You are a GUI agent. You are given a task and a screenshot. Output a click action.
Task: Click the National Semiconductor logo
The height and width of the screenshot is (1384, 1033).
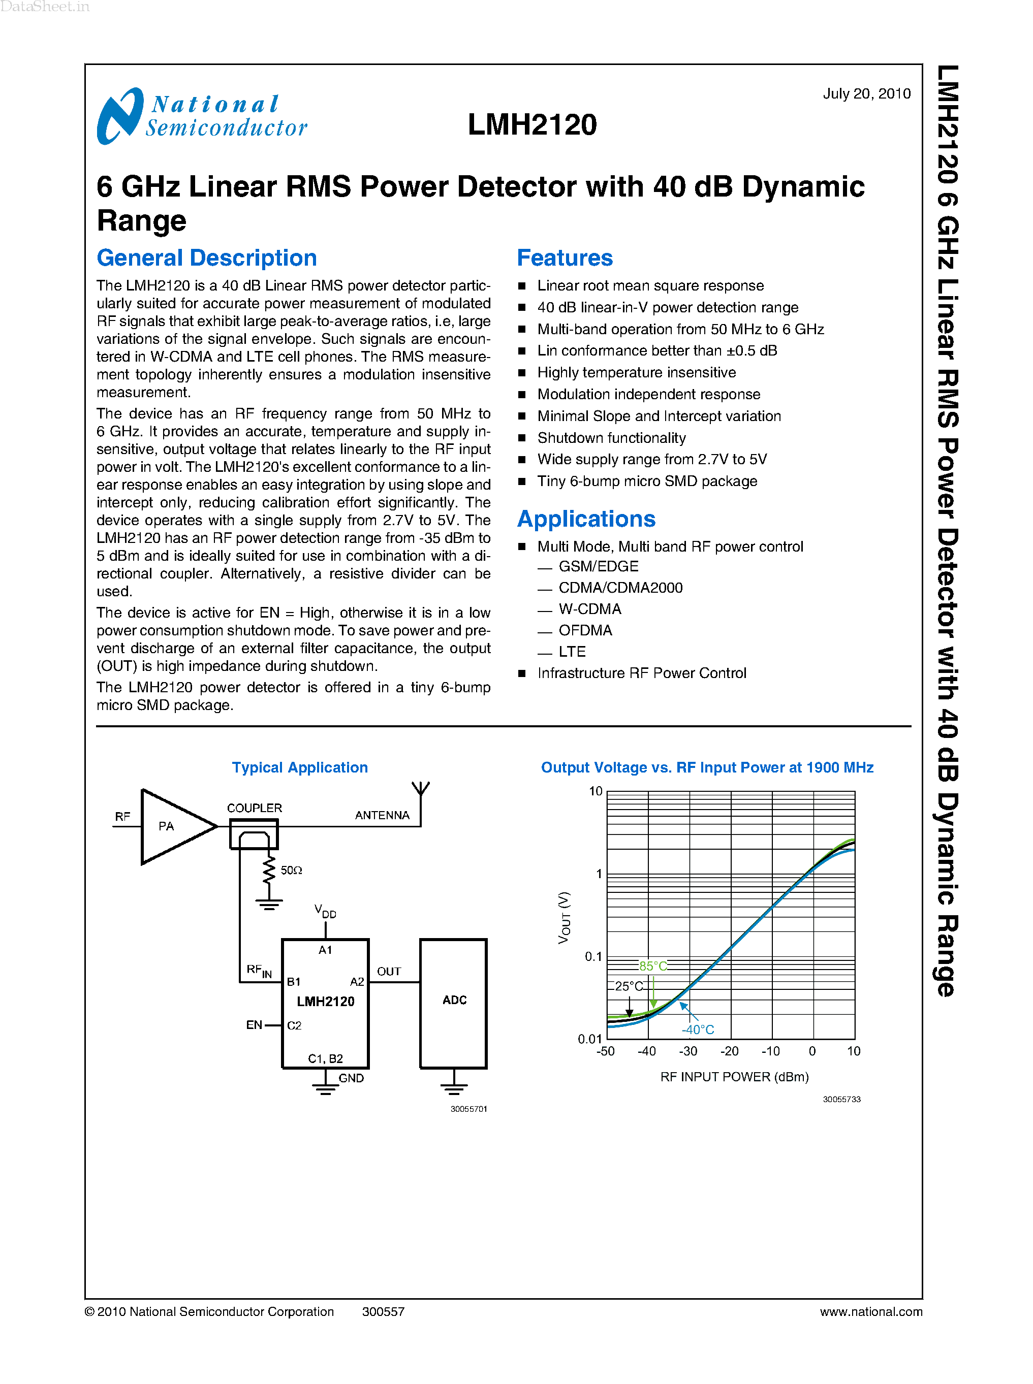tap(201, 116)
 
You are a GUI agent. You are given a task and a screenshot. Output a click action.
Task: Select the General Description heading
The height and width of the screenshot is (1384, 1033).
tap(206, 258)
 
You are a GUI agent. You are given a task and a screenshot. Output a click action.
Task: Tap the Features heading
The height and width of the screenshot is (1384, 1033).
tap(564, 258)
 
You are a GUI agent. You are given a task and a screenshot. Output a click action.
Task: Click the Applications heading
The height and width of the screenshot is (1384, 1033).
tap(586, 519)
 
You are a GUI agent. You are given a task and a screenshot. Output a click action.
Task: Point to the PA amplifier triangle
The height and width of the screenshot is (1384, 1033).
tap(172, 826)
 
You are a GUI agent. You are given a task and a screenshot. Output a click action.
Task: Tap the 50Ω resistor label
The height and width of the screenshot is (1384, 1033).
tap(291, 870)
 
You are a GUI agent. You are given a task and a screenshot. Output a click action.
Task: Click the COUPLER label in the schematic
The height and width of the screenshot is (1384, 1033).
tap(254, 808)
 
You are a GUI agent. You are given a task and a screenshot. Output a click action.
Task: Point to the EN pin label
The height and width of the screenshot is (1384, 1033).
tap(254, 1024)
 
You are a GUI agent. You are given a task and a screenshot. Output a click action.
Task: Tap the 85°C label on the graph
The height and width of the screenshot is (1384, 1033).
tap(653, 966)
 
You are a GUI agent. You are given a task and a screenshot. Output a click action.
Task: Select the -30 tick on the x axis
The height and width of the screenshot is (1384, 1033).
tap(688, 1051)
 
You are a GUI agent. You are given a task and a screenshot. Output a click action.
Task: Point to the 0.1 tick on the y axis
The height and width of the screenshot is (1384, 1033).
tap(593, 956)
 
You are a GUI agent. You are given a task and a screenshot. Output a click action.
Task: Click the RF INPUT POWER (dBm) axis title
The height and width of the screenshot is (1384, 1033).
tap(734, 1076)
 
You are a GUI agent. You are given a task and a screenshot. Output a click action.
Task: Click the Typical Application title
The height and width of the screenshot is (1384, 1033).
tap(299, 767)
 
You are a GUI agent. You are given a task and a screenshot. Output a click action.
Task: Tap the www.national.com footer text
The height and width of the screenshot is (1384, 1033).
tap(870, 1311)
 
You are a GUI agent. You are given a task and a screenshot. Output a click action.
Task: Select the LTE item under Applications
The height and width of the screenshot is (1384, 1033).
tap(572, 651)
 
